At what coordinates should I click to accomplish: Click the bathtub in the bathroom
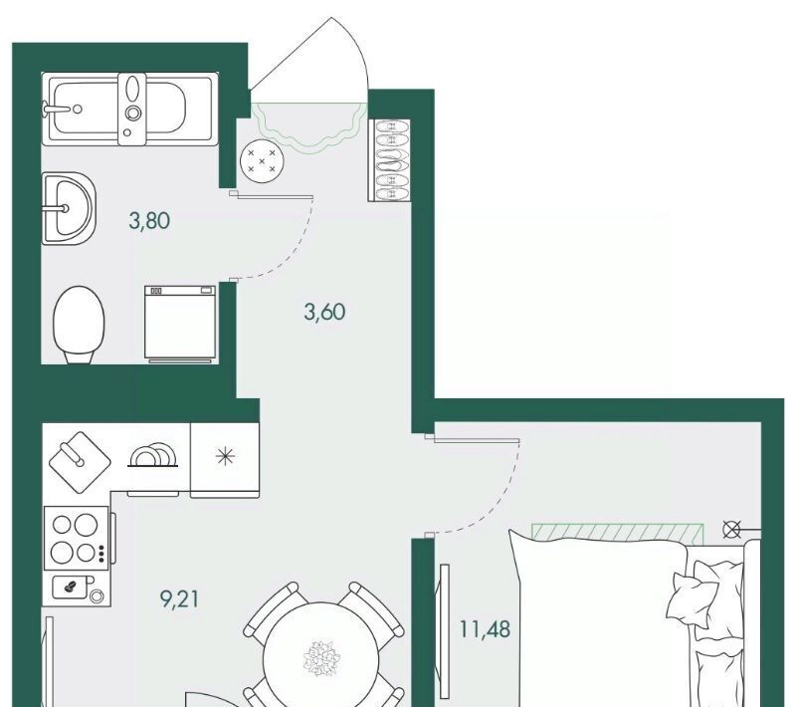(129, 109)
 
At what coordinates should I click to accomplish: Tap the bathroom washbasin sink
(69, 208)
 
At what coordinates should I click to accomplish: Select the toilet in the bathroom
(79, 325)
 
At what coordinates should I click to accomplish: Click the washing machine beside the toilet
(180, 324)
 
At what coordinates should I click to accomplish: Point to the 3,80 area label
(149, 221)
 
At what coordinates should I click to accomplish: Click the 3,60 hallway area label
(325, 312)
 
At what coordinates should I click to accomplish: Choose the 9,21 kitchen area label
(180, 598)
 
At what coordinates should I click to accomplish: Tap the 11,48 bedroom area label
(485, 629)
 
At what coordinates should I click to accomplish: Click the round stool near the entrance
(262, 160)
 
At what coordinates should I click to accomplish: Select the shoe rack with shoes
(390, 160)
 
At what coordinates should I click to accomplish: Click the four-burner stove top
(78, 538)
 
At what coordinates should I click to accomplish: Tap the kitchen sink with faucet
(80, 462)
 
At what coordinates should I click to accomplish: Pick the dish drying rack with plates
(153, 455)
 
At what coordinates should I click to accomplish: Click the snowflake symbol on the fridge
(225, 456)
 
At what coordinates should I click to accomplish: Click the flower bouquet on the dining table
(321, 658)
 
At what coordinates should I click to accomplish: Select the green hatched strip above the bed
(618, 534)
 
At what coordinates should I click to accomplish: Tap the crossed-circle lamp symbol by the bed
(731, 530)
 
